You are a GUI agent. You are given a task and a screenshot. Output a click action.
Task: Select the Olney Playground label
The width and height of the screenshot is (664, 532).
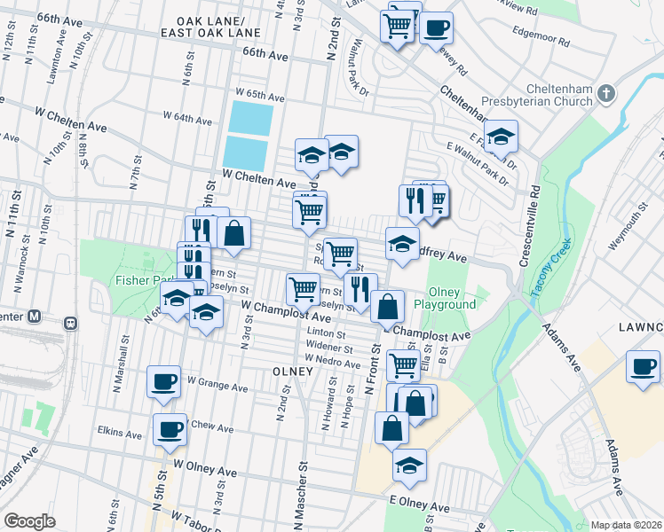coord(452,298)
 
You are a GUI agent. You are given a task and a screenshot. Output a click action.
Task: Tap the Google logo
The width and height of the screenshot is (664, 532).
coord(29,521)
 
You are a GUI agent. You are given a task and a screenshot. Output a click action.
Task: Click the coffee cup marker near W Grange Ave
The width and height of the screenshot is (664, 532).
coord(164,381)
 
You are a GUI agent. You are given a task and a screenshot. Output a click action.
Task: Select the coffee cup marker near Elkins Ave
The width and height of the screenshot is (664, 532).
coord(170,429)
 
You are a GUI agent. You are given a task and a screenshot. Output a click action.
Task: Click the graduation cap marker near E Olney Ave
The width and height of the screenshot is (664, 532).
coord(409,464)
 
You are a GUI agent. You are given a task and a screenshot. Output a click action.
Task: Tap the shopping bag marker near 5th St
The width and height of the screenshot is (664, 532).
coord(233,234)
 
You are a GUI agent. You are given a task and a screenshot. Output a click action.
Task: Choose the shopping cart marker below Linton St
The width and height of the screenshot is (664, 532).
coord(404,364)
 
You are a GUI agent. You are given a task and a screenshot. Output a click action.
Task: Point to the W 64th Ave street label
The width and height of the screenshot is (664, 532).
coord(187,119)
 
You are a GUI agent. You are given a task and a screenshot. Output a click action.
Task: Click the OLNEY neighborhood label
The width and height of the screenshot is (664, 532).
coord(287,371)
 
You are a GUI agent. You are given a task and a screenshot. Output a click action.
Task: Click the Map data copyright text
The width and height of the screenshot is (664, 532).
coord(626,525)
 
